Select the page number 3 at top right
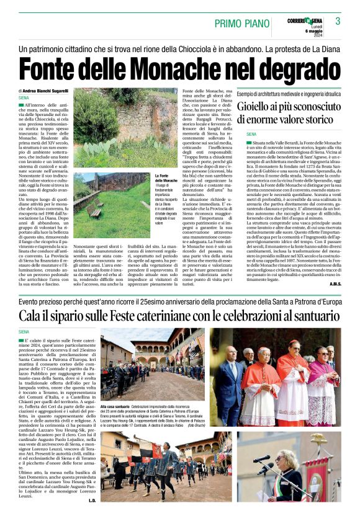click(x=338, y=21)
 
